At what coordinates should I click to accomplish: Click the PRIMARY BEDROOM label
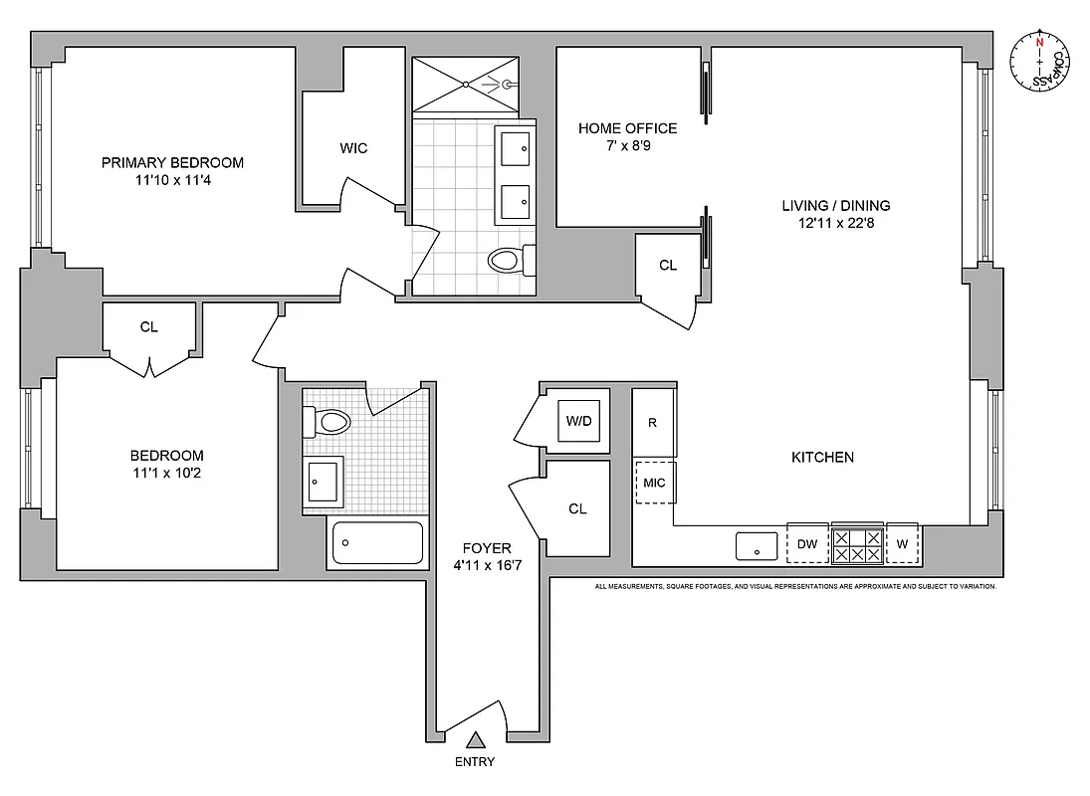coord(172,162)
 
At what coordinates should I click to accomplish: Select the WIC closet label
coord(353,148)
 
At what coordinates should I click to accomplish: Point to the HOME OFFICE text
coord(627,128)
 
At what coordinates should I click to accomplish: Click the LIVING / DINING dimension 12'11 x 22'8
coord(835,223)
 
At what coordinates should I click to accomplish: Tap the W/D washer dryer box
coord(578,421)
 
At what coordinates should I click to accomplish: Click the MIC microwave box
coord(654,483)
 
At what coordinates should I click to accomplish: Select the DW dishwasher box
coord(807,544)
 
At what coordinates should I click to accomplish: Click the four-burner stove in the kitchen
coord(857,544)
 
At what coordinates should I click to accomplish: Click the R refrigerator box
coord(654,423)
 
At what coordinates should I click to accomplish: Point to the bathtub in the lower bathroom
coord(376,543)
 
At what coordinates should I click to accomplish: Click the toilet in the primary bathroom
coord(508,261)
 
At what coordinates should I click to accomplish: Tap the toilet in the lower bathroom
coord(329,422)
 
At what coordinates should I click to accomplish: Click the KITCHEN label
coord(822,458)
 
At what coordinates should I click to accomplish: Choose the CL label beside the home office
coord(668,266)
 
